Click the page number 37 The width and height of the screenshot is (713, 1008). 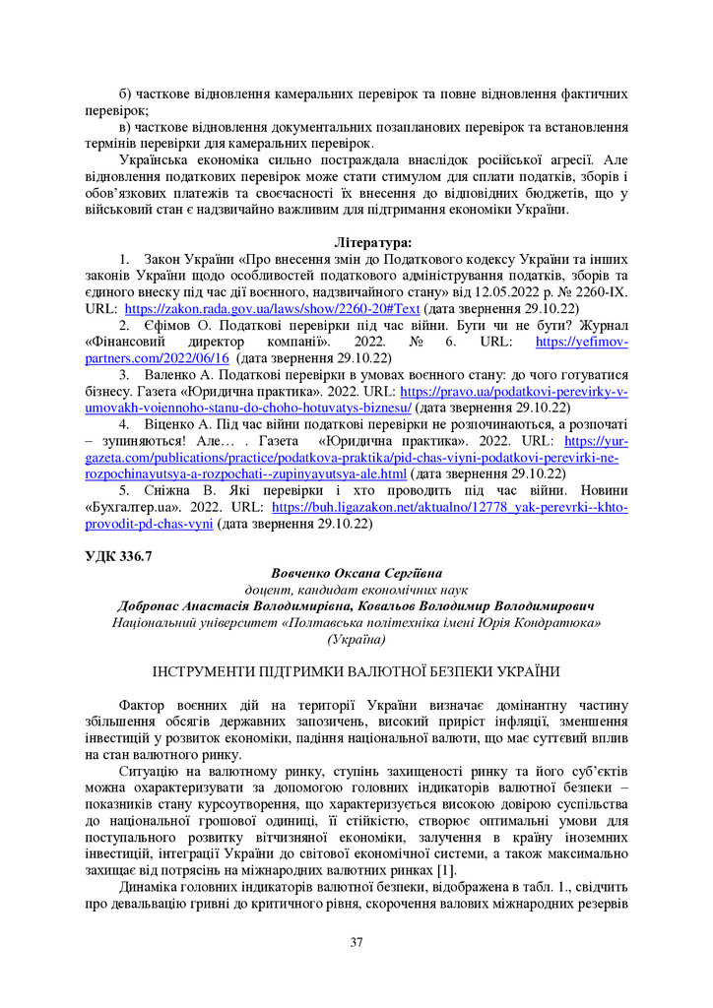356,944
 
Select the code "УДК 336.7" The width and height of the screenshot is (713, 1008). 118,556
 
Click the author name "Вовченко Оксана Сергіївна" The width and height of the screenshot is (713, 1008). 356,573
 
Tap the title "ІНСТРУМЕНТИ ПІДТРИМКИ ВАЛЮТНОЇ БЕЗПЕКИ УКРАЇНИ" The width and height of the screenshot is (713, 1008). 356,672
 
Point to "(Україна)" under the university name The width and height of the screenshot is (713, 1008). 356,640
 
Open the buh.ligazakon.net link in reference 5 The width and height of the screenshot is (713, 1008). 449,508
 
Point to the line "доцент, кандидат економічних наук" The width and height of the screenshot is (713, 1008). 356,590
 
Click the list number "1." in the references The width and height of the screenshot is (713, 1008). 124,258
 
